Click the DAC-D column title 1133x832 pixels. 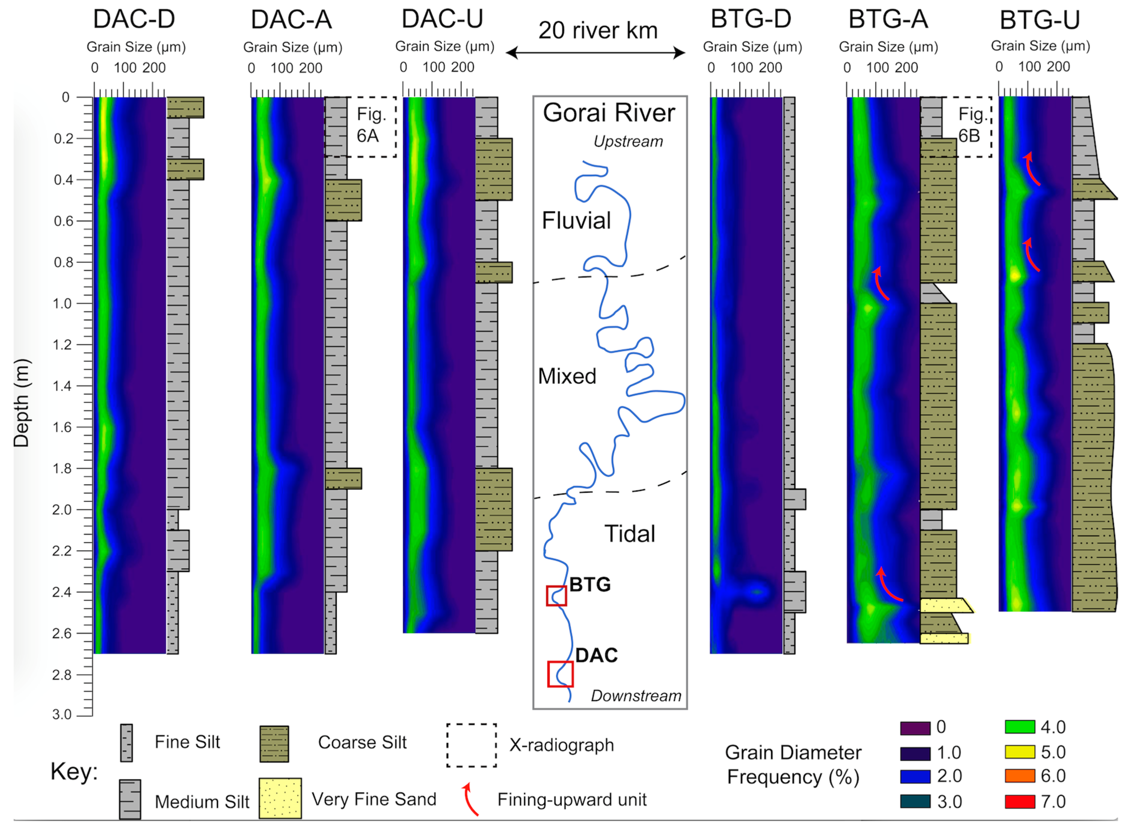[x=134, y=19]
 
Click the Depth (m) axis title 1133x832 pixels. [x=22, y=403]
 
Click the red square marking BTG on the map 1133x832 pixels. [x=556, y=596]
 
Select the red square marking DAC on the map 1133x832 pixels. [x=560, y=674]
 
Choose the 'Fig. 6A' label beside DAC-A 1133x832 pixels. [x=370, y=125]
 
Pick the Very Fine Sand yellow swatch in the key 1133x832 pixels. [x=280, y=798]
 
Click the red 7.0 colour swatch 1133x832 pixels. [x=1020, y=801]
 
